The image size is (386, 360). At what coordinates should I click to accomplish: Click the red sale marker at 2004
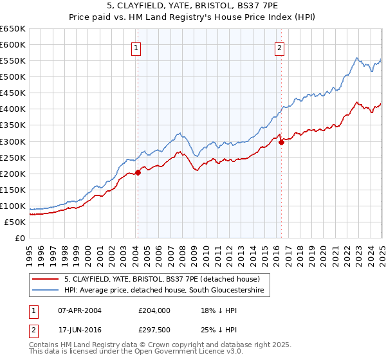coord(138,172)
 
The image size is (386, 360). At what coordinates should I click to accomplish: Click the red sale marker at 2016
coord(281,143)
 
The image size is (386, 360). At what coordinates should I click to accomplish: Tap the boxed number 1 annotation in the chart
coord(137,47)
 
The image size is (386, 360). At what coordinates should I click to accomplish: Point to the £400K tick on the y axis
coord(13,109)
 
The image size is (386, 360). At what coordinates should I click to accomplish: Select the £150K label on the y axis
coord(13,190)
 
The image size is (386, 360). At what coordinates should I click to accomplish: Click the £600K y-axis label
coord(13,44)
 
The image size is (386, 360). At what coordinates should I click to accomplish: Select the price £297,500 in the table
coord(154,330)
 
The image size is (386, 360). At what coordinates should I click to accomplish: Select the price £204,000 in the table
coord(154,310)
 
